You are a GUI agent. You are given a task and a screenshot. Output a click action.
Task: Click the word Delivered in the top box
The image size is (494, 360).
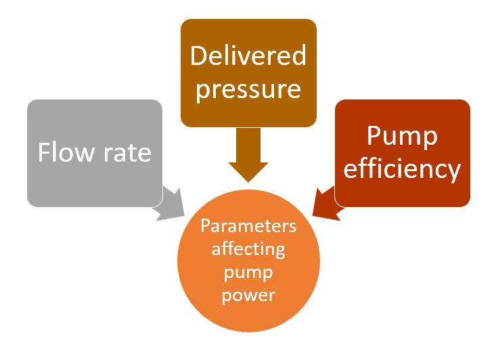click(x=248, y=55)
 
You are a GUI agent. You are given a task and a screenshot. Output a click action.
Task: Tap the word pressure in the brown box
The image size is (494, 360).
click(x=248, y=89)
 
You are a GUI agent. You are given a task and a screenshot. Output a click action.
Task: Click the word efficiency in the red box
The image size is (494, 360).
click(x=402, y=168)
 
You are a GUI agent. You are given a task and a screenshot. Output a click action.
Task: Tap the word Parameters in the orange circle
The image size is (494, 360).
click(x=248, y=225)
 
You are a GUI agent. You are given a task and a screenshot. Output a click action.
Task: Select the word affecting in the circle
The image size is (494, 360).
click(x=248, y=248)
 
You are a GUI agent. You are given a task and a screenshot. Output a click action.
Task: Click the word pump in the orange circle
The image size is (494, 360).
click(x=248, y=272)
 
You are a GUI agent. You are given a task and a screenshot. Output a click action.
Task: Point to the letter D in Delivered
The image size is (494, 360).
click(x=198, y=55)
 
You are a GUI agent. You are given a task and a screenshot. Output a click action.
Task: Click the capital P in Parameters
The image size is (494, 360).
click(x=206, y=225)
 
